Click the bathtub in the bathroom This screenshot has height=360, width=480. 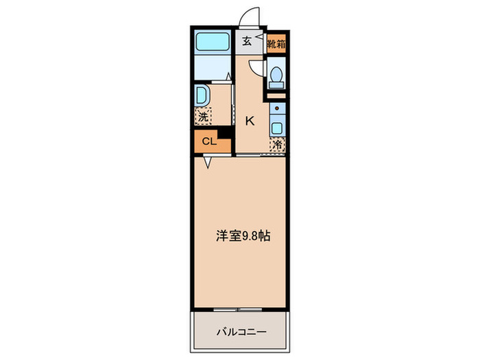(x=215, y=43)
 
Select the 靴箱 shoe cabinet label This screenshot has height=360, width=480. (x=276, y=43)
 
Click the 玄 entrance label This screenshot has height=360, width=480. (x=246, y=40)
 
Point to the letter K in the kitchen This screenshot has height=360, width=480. (x=250, y=121)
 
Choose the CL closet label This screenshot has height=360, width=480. (x=208, y=143)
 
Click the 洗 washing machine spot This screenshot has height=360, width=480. (x=203, y=117)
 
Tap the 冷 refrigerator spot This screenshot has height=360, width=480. (x=277, y=145)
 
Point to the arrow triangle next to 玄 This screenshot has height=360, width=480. (x=259, y=40)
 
